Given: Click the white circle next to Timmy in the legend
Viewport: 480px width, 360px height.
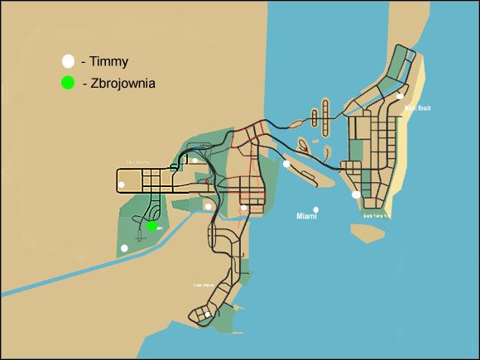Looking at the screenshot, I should [68, 61].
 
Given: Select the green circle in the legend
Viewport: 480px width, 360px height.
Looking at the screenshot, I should [68, 83].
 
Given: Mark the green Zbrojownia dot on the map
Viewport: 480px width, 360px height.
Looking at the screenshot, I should [151, 225].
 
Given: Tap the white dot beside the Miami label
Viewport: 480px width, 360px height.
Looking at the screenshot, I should [315, 209].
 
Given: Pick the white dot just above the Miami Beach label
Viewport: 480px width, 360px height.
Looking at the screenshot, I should [400, 97].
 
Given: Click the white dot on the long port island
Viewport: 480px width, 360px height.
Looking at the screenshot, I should [286, 164].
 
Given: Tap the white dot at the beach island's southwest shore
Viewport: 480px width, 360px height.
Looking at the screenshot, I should [356, 194].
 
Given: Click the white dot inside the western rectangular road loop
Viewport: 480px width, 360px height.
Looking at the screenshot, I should [122, 184].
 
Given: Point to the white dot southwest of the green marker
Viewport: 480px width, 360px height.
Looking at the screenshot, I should [124, 247].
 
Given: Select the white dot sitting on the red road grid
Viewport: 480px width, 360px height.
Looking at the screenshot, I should [243, 208].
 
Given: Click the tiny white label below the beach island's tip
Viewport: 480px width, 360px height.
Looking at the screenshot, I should [377, 215].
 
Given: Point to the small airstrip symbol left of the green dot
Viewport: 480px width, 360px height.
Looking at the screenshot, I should [141, 236].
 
